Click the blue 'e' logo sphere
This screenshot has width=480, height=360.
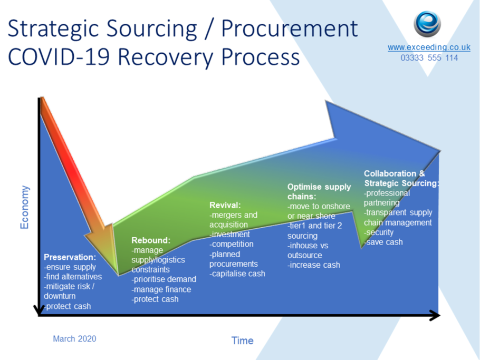[x=427, y=24]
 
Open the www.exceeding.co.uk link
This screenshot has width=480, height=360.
[x=429, y=47]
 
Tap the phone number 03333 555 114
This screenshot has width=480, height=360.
[x=429, y=58]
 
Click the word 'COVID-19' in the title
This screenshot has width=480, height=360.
[x=59, y=57]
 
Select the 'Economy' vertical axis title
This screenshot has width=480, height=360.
[x=24, y=207]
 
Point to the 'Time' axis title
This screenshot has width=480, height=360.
[x=242, y=340]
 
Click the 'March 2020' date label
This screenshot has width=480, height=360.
[x=74, y=338]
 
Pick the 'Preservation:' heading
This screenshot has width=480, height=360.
[x=70, y=257]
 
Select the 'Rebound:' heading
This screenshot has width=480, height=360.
[x=151, y=240]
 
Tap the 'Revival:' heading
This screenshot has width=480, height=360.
[x=225, y=205]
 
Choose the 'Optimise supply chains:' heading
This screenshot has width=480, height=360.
[x=319, y=191]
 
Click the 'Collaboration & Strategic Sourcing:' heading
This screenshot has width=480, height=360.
[x=401, y=178]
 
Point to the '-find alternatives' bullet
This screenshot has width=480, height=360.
[x=73, y=277]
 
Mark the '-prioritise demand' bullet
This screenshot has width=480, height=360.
[x=164, y=279]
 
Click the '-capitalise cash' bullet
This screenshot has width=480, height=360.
[x=237, y=274]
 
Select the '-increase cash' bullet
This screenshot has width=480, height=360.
[x=313, y=265]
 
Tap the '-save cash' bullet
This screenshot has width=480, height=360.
[x=383, y=242]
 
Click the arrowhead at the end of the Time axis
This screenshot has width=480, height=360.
[x=435, y=315]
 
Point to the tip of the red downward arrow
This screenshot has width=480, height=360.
[x=118, y=275]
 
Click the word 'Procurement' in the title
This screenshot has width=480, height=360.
[x=289, y=29]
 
